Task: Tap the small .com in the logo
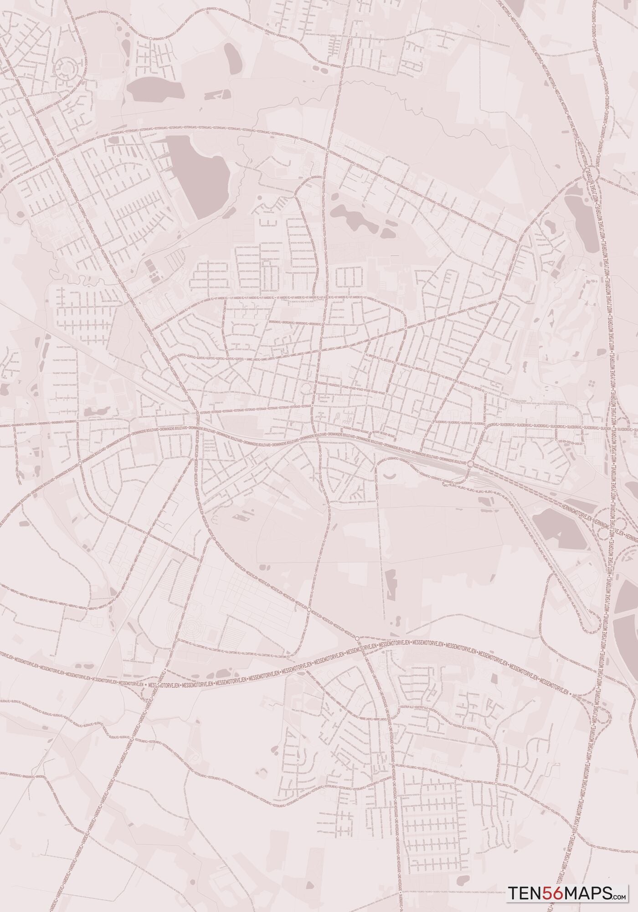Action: [620, 896]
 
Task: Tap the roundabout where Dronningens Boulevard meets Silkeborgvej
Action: [470, 464]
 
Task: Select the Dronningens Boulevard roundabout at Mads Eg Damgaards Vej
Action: [80, 463]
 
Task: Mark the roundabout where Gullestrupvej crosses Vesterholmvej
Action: [328, 149]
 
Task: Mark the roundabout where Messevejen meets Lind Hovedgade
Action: [357, 639]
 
